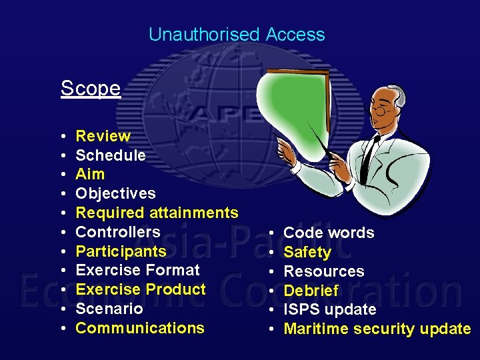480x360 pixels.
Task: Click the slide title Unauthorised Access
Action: pos(237,35)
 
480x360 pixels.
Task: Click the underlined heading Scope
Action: pos(91,88)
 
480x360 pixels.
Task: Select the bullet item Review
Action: pos(103,136)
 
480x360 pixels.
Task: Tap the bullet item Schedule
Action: pos(111,155)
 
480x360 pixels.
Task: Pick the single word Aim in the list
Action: pos(90,174)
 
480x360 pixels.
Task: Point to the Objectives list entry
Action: pos(116,193)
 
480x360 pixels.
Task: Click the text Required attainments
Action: pos(157,213)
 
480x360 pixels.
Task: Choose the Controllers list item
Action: pos(118,232)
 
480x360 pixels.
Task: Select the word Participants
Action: pos(121,251)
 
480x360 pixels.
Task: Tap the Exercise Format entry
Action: pos(138,270)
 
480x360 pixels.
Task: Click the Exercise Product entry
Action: pos(141,289)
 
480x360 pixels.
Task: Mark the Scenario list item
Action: pos(109,309)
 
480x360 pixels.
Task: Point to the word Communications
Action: pos(140,328)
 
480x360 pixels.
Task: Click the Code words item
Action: pos(329,233)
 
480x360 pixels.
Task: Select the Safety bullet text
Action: pos(307,252)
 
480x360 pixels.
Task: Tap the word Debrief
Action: pos(311,291)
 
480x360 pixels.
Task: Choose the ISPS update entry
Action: pos(330,309)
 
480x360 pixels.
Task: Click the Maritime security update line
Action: pos(377,329)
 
